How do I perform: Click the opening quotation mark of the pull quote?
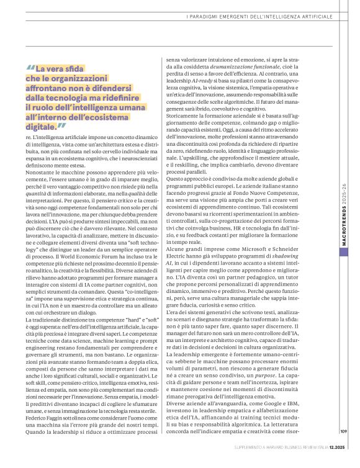(x=30, y=70)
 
